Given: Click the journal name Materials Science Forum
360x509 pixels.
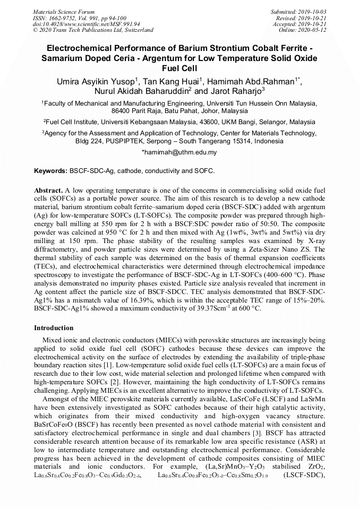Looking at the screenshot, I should [x=64, y=12].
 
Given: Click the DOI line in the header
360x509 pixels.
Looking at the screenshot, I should [x=79, y=24].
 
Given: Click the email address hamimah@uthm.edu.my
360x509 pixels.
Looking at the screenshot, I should [x=179, y=152].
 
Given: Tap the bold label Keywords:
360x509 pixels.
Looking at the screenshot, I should [x=50, y=171].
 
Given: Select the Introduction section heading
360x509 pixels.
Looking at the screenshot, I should [x=54, y=328].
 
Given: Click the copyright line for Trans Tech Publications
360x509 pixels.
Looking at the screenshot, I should [x=93, y=30].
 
